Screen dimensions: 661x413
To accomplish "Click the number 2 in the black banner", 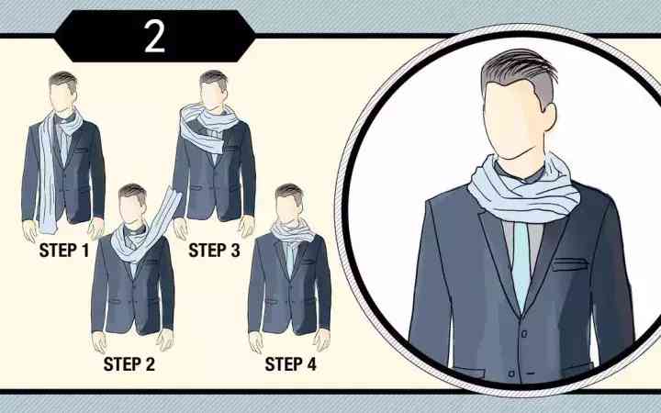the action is [154, 37].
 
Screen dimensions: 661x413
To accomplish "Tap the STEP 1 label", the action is [64, 251].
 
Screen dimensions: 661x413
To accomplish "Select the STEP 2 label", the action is [129, 364].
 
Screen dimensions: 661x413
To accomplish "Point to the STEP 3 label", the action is [214, 251].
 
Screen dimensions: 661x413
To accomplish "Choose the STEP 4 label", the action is [290, 364].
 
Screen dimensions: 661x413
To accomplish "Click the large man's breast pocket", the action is [569, 265].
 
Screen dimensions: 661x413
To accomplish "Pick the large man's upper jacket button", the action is [524, 334].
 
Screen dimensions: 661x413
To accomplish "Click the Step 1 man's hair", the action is [63, 80].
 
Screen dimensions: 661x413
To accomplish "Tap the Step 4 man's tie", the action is [290, 259].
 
